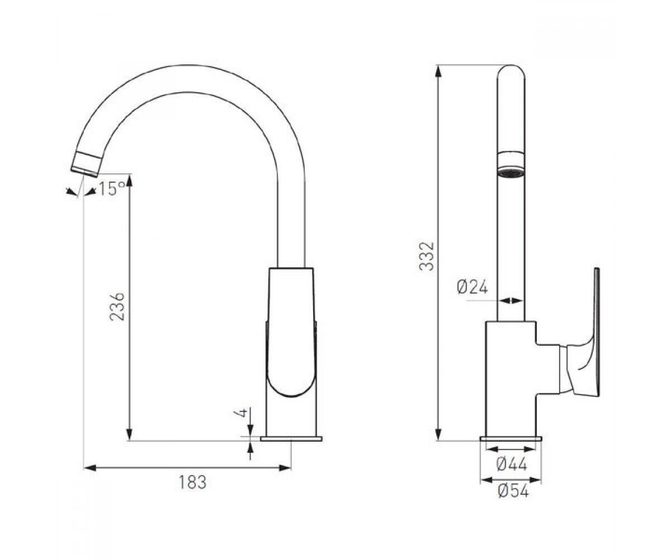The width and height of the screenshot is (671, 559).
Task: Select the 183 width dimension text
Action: click(192, 482)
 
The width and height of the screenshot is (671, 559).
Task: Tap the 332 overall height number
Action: click(427, 257)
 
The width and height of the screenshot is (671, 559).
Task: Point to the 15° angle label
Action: click(111, 188)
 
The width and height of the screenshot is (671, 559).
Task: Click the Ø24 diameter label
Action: click(472, 287)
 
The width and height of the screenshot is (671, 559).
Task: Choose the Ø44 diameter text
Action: click(512, 464)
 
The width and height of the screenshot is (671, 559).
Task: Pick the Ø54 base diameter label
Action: click(513, 491)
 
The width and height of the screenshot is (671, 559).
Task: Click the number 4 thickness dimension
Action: click(244, 412)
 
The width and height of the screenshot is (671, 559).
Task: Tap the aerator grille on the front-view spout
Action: click(511, 173)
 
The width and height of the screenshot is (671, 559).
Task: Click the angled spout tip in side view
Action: click(86, 164)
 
